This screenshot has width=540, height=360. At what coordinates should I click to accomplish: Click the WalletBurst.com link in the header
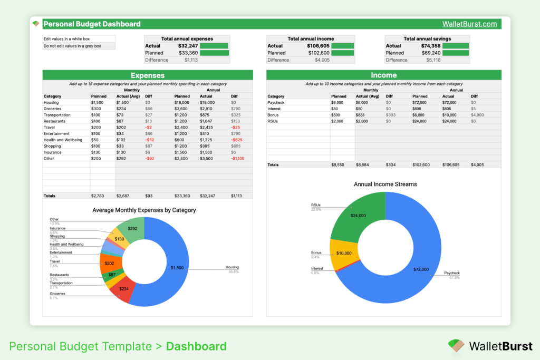point(469,24)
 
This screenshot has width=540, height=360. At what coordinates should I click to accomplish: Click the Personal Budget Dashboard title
point(92,24)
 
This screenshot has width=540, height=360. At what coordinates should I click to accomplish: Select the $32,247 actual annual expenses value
point(188,46)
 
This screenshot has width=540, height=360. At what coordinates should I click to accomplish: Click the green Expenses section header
point(148,75)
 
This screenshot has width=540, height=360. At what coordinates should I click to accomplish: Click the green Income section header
point(383,75)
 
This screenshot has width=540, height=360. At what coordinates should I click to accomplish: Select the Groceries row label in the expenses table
point(54,109)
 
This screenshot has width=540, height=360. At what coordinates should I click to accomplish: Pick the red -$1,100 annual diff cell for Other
point(237,159)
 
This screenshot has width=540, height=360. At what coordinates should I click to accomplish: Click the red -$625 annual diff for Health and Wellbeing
point(237,140)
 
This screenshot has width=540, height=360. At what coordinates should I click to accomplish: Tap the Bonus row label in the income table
point(273,115)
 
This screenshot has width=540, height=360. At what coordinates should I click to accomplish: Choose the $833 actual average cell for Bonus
point(361,115)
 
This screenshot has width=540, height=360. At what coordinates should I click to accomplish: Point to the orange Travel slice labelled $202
point(109,264)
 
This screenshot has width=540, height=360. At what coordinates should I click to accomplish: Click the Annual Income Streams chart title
point(385,184)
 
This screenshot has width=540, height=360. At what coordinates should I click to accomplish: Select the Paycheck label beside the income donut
point(452,273)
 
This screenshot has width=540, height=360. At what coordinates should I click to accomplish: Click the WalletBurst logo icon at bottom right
point(455,346)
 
